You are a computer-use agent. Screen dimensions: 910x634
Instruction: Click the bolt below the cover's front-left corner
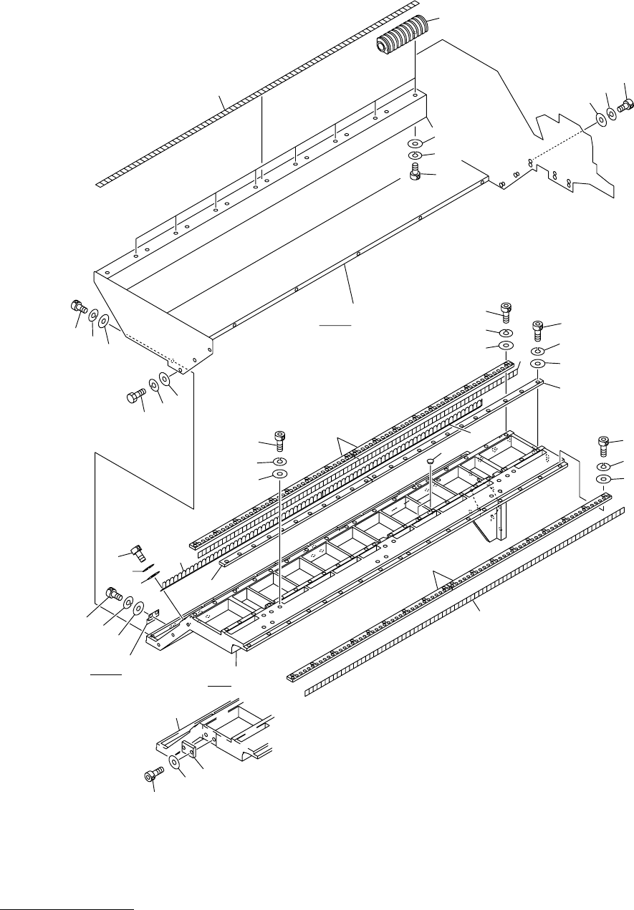135,395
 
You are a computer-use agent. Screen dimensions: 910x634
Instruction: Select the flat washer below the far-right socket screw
603,478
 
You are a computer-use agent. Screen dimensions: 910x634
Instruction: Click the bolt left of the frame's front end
113,593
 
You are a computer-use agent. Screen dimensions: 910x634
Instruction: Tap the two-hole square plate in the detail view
189,750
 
